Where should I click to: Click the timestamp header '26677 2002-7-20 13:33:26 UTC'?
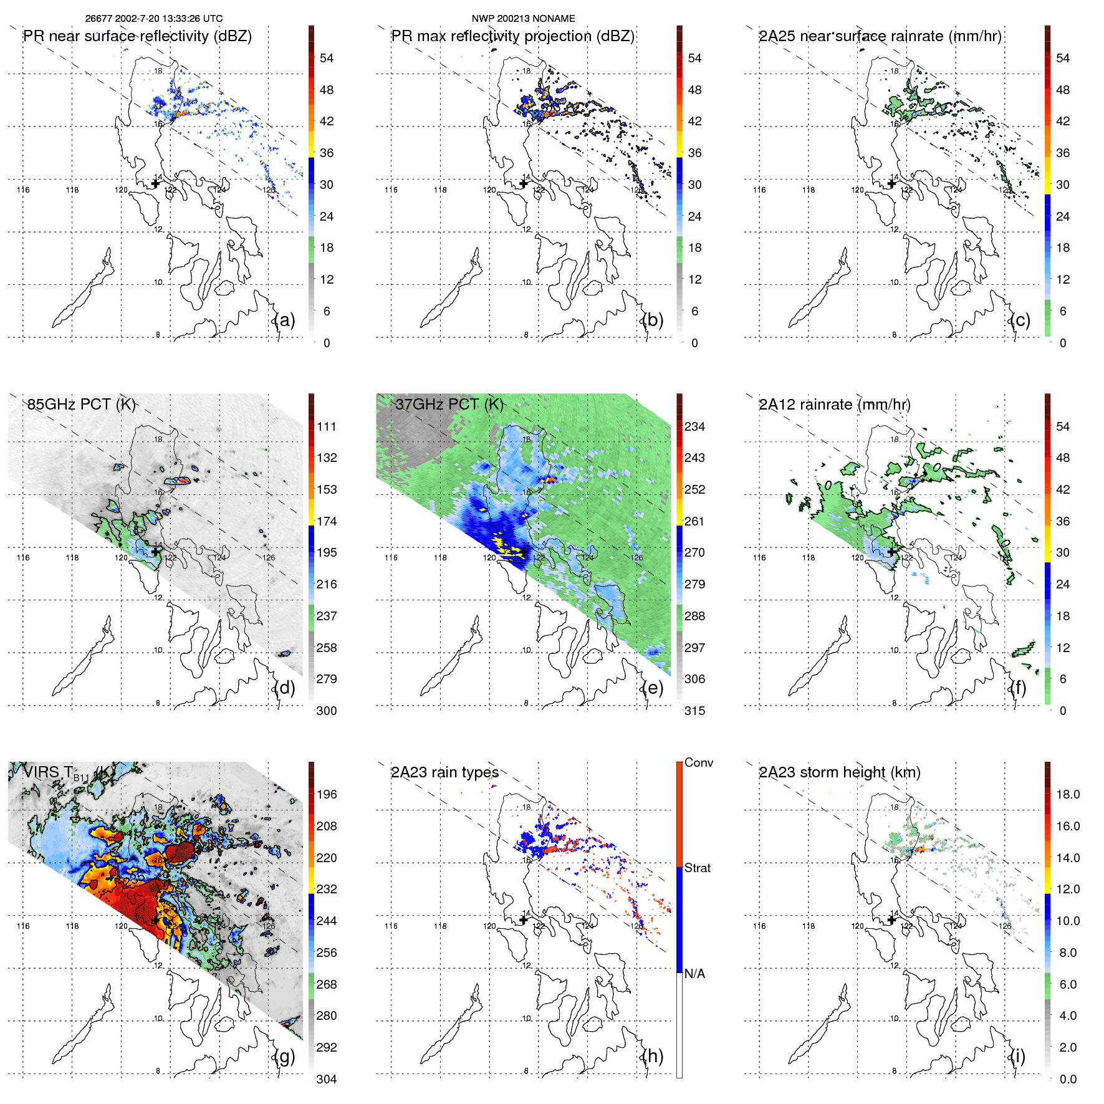tap(153, 19)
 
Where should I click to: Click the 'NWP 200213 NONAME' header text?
tap(523, 19)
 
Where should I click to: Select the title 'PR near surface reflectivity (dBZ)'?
tap(137, 36)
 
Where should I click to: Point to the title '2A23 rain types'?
tap(444, 772)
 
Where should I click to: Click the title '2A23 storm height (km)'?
tap(839, 772)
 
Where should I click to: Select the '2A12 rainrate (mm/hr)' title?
tap(834, 404)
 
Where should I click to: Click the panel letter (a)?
tap(284, 320)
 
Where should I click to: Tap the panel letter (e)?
tap(652, 688)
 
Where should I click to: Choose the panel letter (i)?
tap(1018, 1056)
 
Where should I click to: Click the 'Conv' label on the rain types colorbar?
tap(698, 762)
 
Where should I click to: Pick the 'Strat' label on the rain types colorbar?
tap(697, 868)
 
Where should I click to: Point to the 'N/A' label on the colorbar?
tap(694, 974)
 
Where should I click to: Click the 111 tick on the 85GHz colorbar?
tap(327, 426)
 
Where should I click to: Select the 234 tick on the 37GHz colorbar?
tap(694, 426)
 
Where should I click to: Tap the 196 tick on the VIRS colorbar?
tap(327, 794)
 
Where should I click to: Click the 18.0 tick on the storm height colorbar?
tap(1067, 794)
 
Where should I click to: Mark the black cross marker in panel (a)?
tap(156, 183)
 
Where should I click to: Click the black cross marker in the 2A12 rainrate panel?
tap(892, 551)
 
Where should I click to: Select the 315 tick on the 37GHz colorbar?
tap(694, 711)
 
